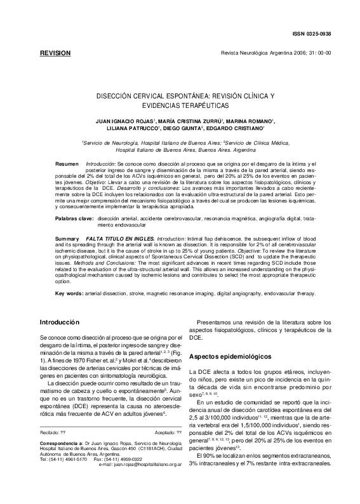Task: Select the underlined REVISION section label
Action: [x=55, y=53]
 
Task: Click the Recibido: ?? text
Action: [x=53, y=448]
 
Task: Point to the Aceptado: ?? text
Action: [x=168, y=448]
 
